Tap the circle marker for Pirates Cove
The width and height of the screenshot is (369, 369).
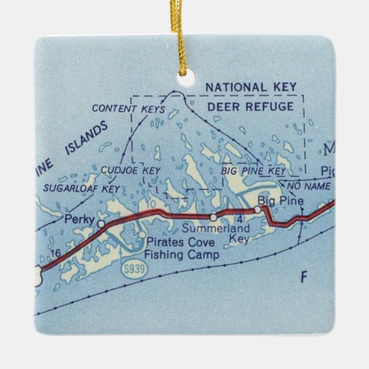coord(141,233)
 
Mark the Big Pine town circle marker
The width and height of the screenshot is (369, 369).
coord(258,210)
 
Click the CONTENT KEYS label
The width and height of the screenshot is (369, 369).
coord(128,108)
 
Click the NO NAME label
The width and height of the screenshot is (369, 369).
coord(309,187)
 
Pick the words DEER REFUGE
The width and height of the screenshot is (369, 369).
coord(255,107)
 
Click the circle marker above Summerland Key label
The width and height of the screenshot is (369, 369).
coord(213,217)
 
